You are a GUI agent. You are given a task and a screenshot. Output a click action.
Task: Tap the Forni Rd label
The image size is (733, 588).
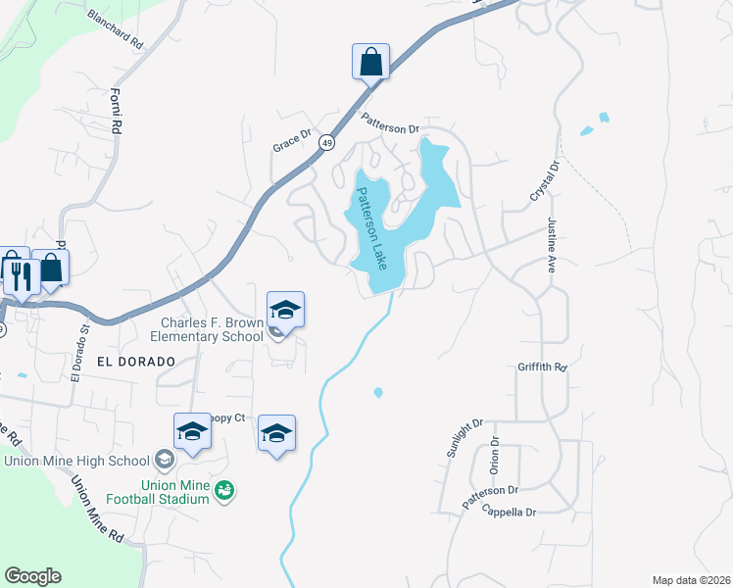116,111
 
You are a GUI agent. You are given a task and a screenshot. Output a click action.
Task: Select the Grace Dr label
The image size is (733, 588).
292,142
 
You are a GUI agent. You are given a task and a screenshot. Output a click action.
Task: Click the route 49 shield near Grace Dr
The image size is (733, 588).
325,143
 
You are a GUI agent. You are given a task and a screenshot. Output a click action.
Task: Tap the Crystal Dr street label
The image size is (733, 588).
544,182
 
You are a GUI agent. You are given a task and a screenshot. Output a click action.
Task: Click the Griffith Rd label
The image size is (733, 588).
543,367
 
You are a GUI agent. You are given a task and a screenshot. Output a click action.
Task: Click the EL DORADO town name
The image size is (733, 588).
135,361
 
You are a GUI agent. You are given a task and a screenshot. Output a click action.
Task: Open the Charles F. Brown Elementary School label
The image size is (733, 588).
213,329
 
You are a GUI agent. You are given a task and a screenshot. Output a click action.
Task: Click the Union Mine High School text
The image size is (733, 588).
75,461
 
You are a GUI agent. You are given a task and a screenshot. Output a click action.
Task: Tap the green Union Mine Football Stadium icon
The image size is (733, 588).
224,489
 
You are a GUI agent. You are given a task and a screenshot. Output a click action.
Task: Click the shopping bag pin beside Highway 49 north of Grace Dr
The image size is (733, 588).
371,62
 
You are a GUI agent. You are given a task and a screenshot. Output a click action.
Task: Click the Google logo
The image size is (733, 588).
32,576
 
